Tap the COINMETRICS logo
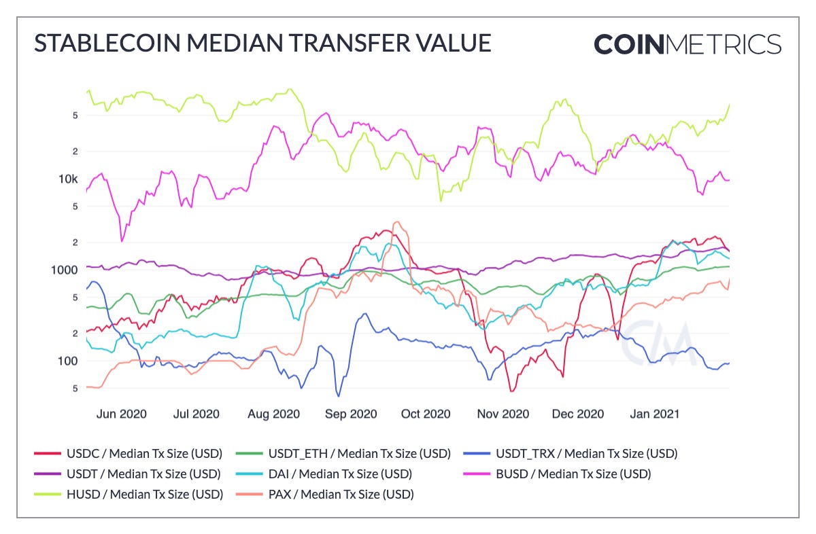(687, 43)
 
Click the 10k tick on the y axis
(65, 179)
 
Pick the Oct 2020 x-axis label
(426, 414)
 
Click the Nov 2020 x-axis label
(503, 414)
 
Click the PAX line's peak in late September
(397, 221)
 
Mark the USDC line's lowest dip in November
(511, 391)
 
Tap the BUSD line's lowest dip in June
(122, 241)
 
